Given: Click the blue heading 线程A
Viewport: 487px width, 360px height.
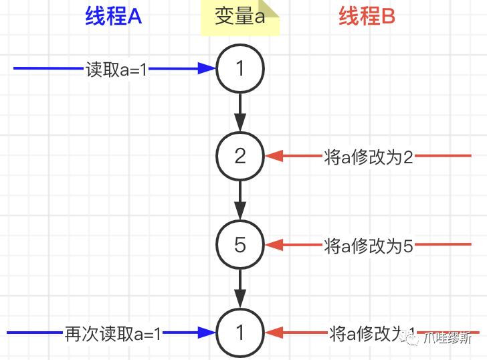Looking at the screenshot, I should tap(114, 16).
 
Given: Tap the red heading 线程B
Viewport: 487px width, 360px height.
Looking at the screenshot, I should tap(367, 16).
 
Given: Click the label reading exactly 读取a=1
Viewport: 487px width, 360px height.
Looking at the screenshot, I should tap(116, 69).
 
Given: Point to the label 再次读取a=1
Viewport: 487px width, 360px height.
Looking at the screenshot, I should tap(113, 333).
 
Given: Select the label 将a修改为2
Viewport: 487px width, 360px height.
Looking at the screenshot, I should tap(369, 157).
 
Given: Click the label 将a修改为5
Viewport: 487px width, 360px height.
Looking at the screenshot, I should tap(369, 246).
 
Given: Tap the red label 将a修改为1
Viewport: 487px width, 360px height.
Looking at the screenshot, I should tap(372, 333).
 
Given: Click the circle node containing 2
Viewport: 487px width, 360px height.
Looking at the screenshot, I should tap(241, 157).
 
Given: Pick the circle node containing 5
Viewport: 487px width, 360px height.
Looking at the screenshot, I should tap(241, 245).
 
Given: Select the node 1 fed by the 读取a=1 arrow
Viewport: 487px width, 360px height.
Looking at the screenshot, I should tap(241, 68).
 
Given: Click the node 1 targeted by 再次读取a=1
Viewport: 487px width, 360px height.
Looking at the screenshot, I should tap(241, 333).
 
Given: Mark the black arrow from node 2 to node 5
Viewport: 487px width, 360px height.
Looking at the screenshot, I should tap(241, 201).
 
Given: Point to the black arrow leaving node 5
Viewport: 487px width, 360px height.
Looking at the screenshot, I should tap(241, 289).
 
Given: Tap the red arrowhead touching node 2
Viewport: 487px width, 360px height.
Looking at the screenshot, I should tap(274, 157).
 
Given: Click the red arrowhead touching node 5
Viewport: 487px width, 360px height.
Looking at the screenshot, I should tap(274, 246).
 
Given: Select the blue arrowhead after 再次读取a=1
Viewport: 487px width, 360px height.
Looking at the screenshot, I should tap(207, 333).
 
